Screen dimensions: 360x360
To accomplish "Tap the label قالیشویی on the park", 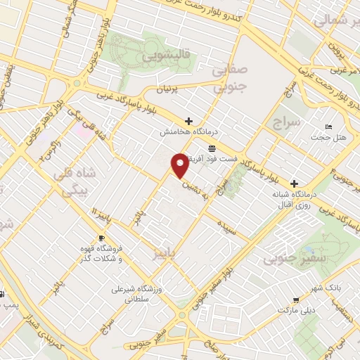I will pyautogui.click(x=161, y=55).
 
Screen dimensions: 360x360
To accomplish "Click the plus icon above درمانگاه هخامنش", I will pyautogui.click(x=188, y=120).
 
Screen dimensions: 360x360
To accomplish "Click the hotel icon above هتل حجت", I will pyautogui.click(x=329, y=127).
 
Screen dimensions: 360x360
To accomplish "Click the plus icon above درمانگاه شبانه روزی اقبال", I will pyautogui.click(x=295, y=184).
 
